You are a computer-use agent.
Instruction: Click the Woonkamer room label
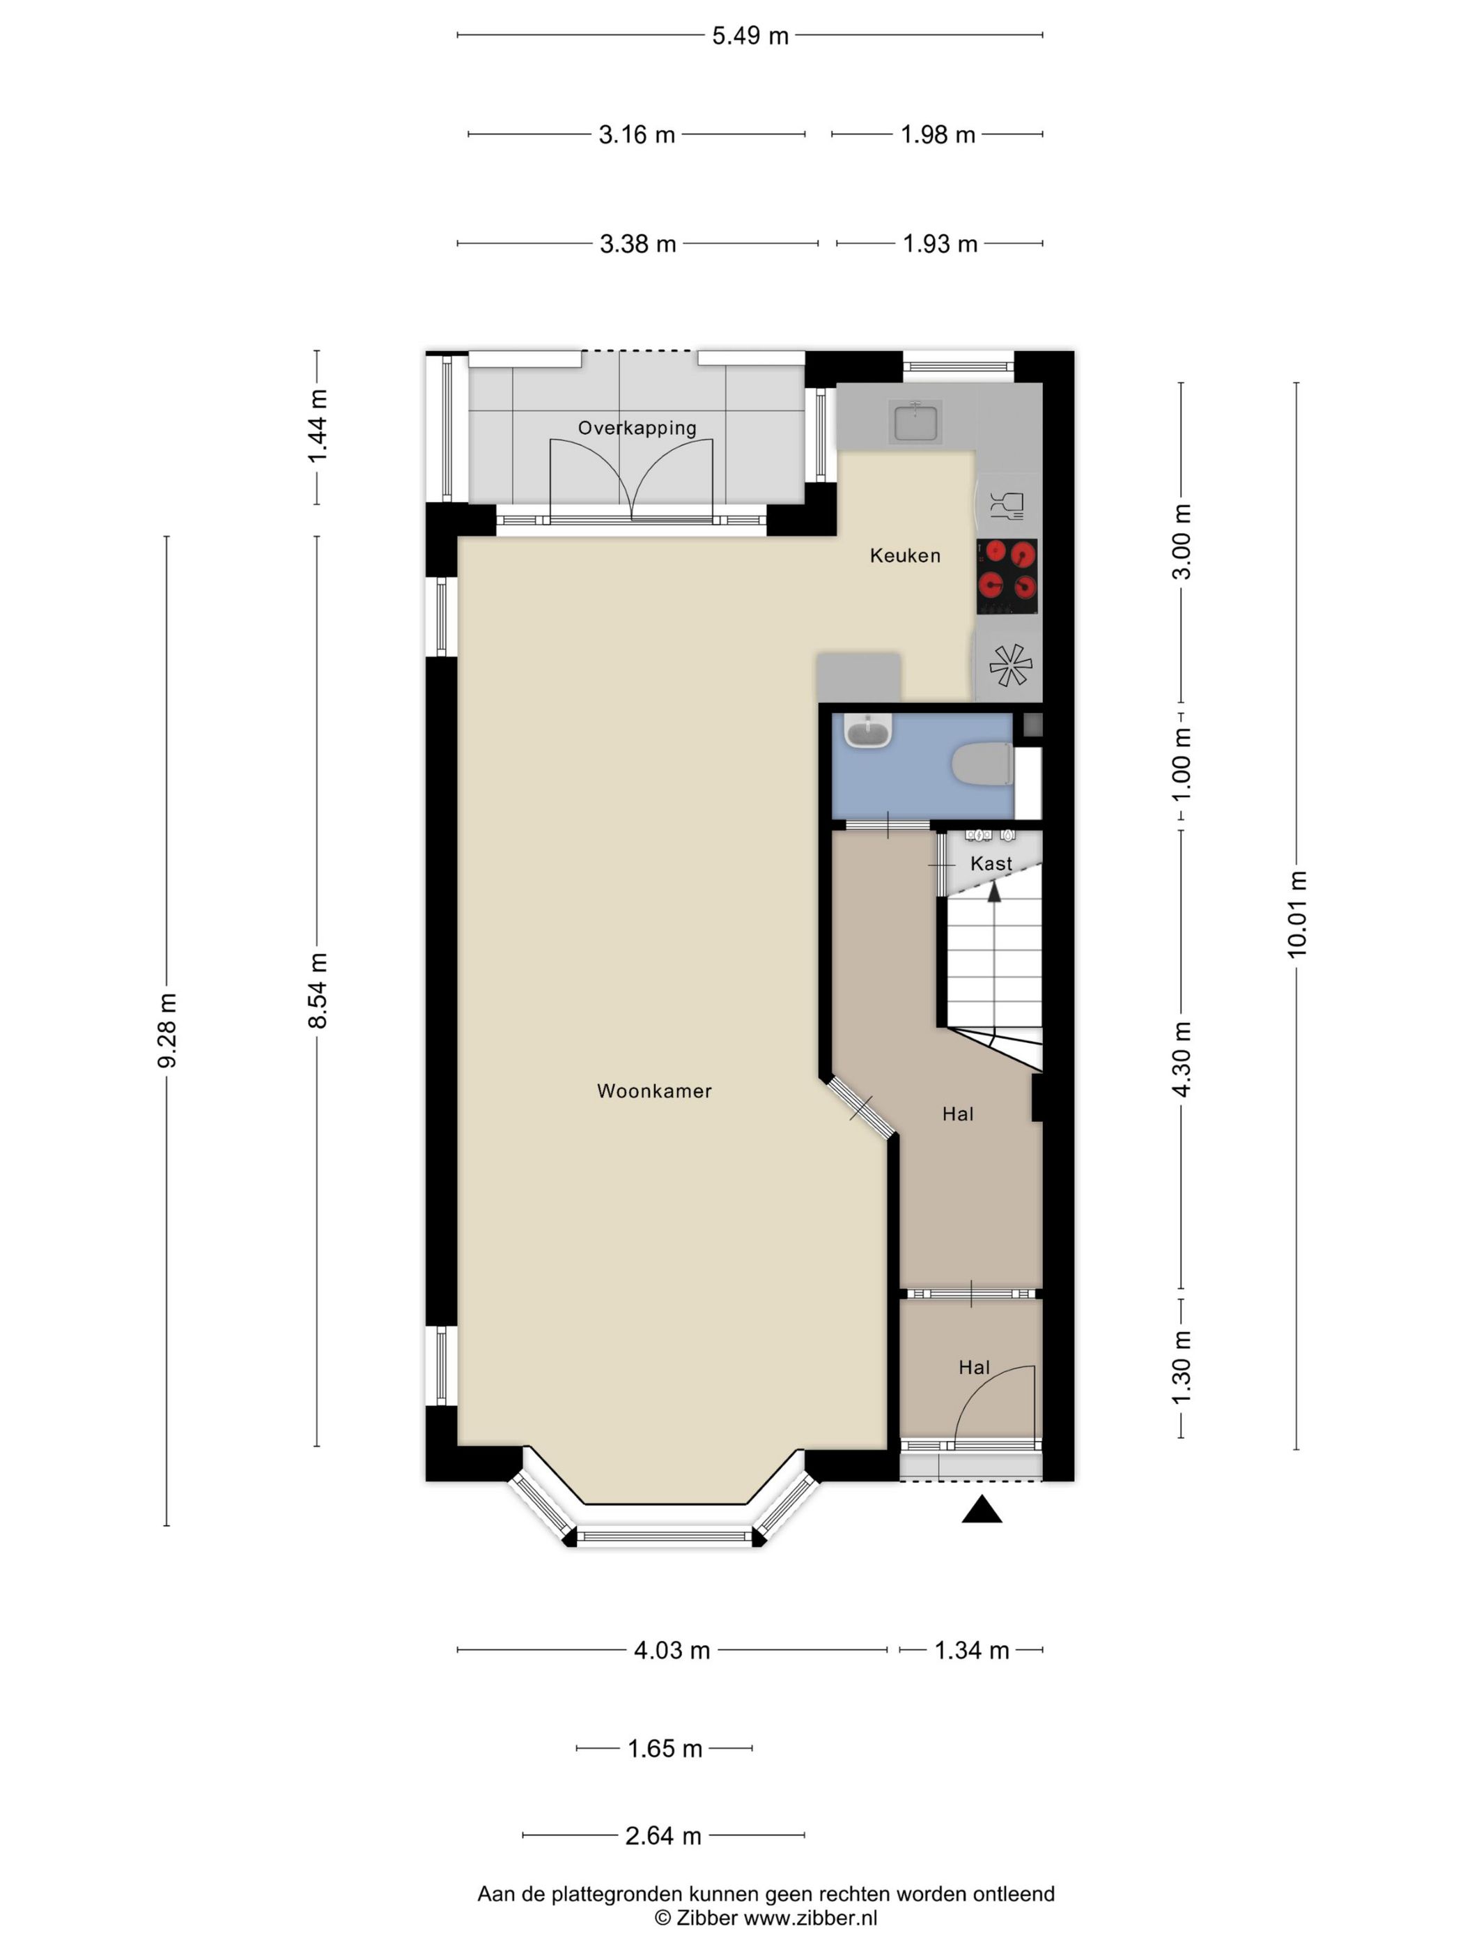[653, 1090]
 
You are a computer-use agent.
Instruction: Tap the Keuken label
[905, 555]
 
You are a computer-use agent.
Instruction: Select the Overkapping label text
[637, 428]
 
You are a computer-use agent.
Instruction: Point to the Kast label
[991, 863]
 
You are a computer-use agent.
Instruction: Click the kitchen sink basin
[916, 421]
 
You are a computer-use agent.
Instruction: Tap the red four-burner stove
[1006, 577]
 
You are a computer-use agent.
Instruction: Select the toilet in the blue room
[982, 764]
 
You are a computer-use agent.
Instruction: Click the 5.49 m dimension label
[750, 36]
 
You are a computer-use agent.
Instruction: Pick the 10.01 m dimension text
[1296, 913]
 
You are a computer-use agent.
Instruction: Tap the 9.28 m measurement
[167, 1030]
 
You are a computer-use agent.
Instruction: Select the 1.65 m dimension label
[665, 1748]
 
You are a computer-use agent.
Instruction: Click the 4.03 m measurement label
[672, 1650]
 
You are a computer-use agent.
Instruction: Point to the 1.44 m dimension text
[318, 426]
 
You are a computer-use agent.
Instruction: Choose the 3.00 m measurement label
[1182, 541]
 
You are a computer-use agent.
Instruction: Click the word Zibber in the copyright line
[707, 1917]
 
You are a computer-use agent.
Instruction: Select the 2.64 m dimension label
[663, 1835]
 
